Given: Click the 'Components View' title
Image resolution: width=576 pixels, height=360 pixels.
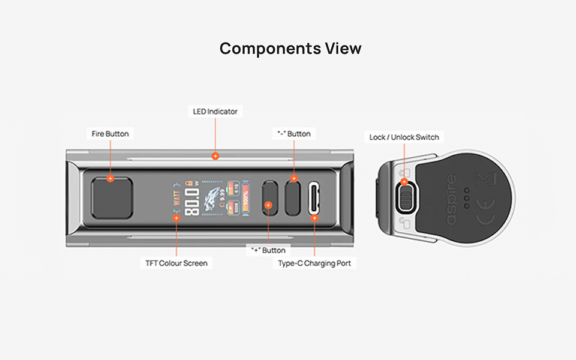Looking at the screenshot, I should click(x=290, y=49).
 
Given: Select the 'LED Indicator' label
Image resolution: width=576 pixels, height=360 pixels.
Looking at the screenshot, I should click(x=215, y=111).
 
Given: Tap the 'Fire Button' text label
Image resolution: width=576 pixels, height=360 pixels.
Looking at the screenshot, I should click(x=110, y=133).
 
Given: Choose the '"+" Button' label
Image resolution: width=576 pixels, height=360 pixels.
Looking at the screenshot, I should click(x=268, y=250).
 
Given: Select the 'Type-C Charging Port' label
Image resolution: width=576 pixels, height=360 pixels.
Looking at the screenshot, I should click(x=314, y=263).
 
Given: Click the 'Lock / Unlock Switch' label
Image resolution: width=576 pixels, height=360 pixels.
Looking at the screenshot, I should click(x=404, y=137).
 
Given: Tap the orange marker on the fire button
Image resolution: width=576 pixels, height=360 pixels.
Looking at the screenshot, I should click(x=110, y=179).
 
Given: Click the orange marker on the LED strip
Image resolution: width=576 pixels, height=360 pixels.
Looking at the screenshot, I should click(x=215, y=156).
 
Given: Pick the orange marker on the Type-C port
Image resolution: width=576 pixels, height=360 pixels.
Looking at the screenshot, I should click(x=315, y=218).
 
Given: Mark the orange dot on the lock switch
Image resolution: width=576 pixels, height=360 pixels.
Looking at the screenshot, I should click(x=404, y=181).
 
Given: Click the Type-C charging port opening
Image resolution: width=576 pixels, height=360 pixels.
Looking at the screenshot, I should click(x=315, y=198).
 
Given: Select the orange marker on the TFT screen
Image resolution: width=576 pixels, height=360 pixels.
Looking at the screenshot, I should click(x=176, y=218).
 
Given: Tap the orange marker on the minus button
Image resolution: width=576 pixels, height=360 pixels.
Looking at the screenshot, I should click(x=294, y=179).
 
